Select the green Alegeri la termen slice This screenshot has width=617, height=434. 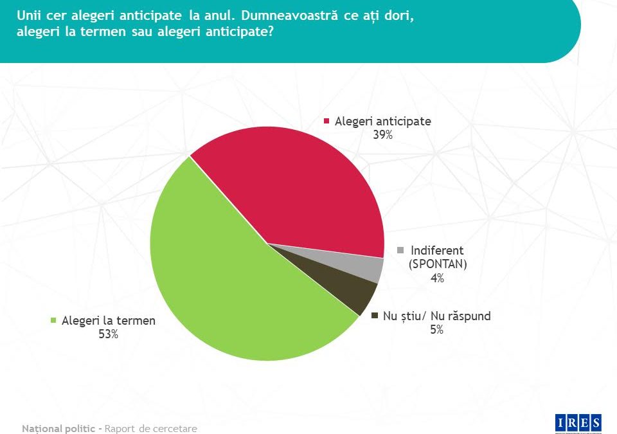[x=231, y=283]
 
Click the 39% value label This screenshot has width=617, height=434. [x=382, y=135]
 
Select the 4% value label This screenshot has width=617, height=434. [x=437, y=278]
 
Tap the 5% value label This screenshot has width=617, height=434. [x=436, y=330]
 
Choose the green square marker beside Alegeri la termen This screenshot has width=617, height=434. [x=54, y=320]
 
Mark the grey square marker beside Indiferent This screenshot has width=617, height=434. [x=402, y=250]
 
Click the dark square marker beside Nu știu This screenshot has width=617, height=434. [x=375, y=316]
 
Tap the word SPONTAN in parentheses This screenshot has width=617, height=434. [x=438, y=264]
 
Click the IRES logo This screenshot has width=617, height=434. [x=578, y=422]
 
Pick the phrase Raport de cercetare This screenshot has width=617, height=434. [x=151, y=428]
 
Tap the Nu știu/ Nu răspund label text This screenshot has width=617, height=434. [x=437, y=316]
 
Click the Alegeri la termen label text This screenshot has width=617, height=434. [x=109, y=320]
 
